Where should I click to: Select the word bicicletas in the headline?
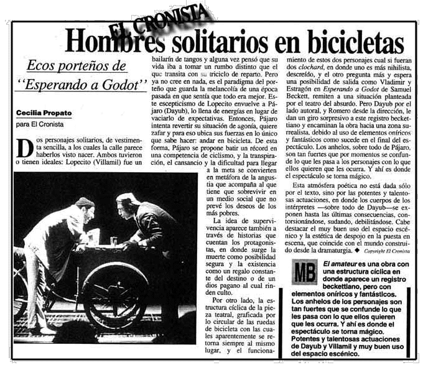pyautogui.click(x=348, y=42)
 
